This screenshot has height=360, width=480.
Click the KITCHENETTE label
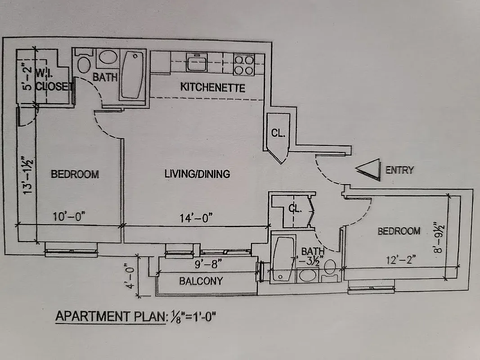tap(213, 87)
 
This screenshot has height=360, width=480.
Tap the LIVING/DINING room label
tap(197, 174)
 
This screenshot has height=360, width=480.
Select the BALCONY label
tap(201, 281)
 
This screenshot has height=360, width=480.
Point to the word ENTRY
tap(399, 170)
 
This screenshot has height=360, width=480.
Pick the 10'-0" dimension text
tap(69, 217)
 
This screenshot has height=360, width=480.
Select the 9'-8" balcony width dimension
tap(208, 265)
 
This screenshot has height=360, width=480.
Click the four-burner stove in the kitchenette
tap(244, 64)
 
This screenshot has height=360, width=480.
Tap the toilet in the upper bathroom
tap(84, 65)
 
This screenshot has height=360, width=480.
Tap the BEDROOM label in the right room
tap(399, 231)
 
